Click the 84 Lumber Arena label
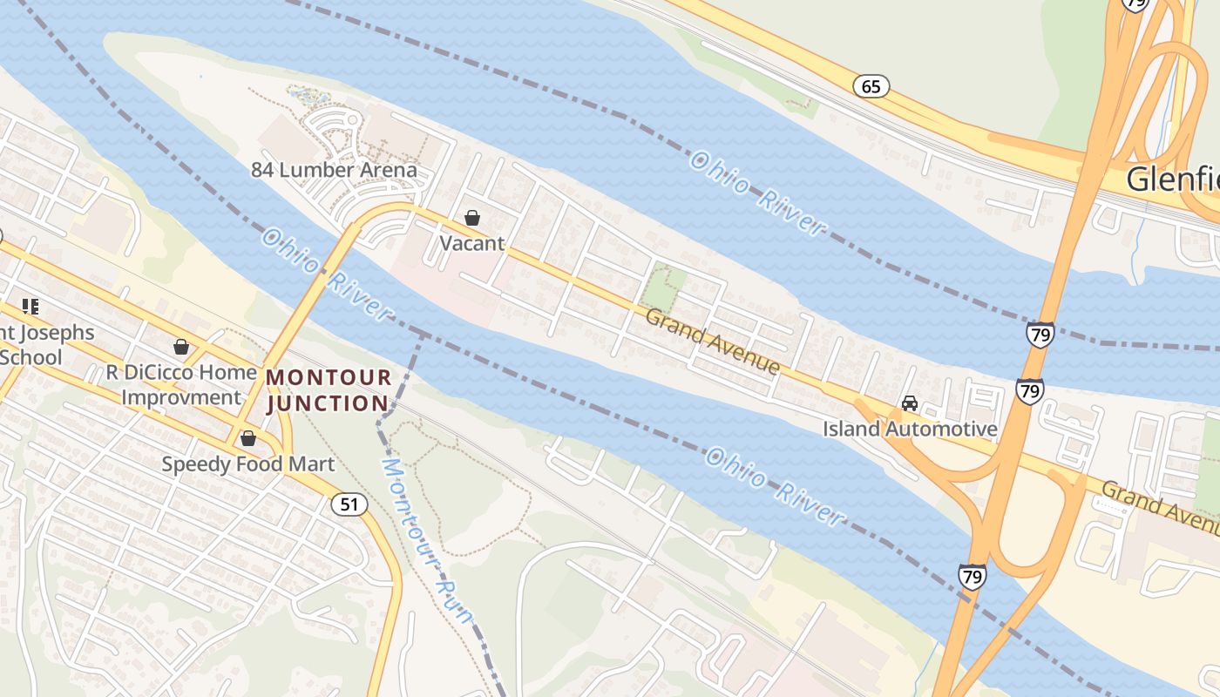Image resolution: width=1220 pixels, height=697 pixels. [335, 170]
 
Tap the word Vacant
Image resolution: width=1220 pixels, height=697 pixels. [471, 243]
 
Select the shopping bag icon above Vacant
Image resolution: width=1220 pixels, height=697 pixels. [472, 218]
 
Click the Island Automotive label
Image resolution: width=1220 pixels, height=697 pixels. [910, 429]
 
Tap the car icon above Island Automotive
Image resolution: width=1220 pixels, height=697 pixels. [910, 403]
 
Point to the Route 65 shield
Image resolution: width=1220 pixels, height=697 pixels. [871, 85]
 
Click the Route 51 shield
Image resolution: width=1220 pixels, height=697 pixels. [349, 504]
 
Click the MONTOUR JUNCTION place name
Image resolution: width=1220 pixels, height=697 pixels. [328, 390]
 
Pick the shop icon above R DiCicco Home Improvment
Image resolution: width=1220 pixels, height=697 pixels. [181, 348]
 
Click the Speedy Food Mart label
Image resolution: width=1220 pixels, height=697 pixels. [247, 464]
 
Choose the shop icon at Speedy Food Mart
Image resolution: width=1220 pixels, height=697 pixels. [248, 438]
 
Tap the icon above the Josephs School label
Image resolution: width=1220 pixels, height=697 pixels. [31, 307]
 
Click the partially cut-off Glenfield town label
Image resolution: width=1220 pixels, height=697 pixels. [1172, 179]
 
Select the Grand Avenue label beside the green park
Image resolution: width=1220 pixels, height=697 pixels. [712, 341]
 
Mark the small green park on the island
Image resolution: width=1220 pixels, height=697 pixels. [665, 288]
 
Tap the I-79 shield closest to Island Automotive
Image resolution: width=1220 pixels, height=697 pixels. [1029, 390]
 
